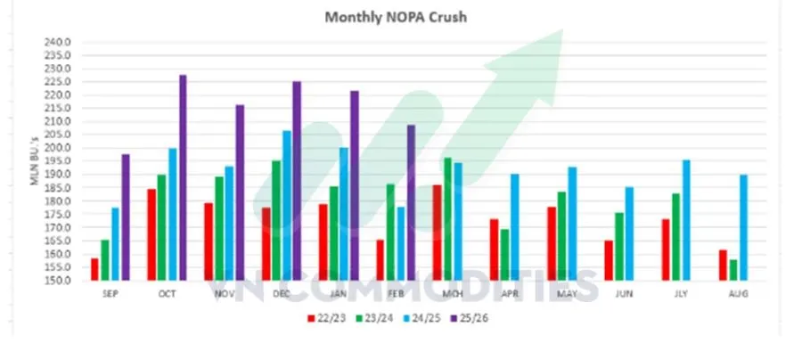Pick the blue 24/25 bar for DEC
[287, 206]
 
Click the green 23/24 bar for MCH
[447, 219]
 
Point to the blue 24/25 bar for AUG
[743, 227]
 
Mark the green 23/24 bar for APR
[506, 255]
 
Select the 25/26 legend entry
[479, 317]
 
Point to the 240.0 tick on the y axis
[57, 42]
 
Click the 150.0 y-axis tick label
[57, 281]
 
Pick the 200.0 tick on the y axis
[57, 148]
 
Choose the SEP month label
[110, 293]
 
